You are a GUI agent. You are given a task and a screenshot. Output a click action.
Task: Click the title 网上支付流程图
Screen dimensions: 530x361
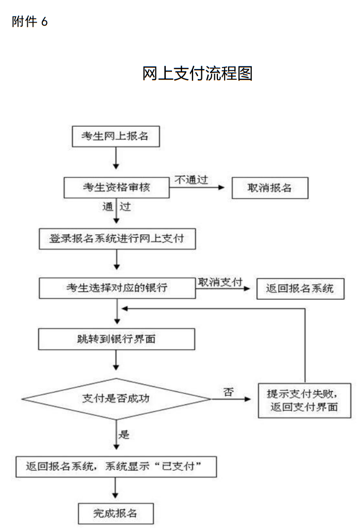point(197,74)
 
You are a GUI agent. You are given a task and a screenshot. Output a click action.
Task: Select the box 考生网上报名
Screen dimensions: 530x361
point(115,136)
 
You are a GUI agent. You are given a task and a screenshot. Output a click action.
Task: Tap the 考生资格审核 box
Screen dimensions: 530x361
point(116,188)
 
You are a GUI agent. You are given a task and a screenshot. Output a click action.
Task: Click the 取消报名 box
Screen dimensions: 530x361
point(269,188)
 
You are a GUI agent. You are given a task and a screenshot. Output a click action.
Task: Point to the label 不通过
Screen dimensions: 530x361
point(191,179)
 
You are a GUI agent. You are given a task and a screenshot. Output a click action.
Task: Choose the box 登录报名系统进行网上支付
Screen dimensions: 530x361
point(116,239)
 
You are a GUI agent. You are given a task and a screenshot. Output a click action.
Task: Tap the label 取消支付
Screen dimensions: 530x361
point(220,282)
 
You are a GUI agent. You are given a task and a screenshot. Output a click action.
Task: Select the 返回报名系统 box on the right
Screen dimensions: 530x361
point(300,288)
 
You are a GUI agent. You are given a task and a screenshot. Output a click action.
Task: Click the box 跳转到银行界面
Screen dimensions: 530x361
point(116,340)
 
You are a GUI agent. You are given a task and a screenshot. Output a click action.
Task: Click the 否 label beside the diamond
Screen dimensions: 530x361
point(228,391)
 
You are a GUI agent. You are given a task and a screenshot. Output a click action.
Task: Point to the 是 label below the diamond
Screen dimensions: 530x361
point(124,434)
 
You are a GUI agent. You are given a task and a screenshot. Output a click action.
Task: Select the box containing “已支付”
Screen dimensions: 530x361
point(116,467)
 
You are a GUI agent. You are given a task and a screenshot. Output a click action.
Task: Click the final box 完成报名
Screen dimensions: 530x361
point(115,513)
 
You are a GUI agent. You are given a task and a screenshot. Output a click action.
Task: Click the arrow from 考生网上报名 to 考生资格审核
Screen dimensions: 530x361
point(116,158)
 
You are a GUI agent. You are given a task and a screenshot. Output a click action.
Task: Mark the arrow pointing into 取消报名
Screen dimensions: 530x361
point(199,187)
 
